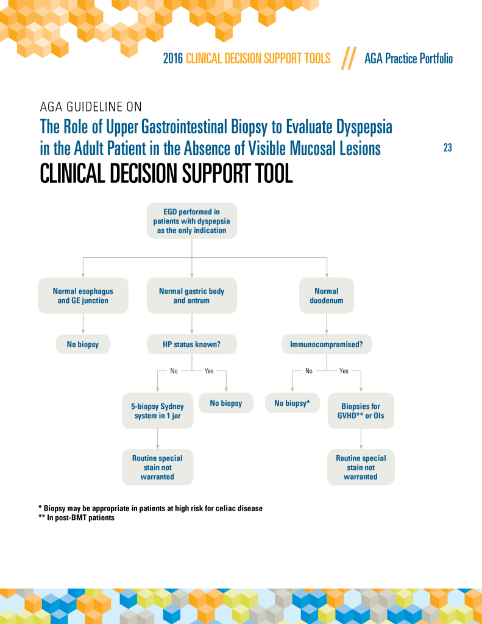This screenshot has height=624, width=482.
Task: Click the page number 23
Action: [x=447, y=148]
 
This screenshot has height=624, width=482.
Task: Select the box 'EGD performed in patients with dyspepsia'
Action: [x=192, y=221]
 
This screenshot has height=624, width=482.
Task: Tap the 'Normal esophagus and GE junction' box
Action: [x=83, y=296]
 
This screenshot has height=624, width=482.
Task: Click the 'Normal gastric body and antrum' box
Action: [x=191, y=296]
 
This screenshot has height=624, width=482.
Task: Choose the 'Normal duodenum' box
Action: [x=327, y=296]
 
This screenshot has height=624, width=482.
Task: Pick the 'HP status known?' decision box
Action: [x=191, y=344]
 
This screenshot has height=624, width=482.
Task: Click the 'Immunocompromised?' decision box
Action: [x=327, y=344]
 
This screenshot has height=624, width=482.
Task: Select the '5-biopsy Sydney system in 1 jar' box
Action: [x=158, y=411]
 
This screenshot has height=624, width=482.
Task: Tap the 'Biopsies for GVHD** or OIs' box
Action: [x=361, y=411]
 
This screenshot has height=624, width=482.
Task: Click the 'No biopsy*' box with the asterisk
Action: [x=292, y=403]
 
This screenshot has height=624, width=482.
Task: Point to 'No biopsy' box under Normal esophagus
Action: [x=83, y=344]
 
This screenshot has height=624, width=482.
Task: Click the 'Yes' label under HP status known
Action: [x=209, y=370]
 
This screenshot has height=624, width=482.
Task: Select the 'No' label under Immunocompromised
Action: [x=308, y=370]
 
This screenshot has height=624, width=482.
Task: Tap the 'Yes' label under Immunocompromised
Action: [x=344, y=370]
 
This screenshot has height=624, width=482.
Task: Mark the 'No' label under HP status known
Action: [x=174, y=370]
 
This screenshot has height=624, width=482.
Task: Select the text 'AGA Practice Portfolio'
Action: [x=408, y=58]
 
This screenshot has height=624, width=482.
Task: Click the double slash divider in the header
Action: [x=347, y=58]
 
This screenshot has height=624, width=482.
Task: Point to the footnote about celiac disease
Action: [x=150, y=508]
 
